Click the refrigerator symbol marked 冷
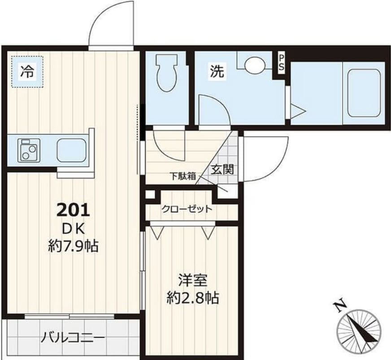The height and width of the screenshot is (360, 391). tap(27, 71)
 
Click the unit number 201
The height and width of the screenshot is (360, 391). tap(73, 210)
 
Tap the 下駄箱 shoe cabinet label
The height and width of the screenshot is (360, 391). tap(182, 176)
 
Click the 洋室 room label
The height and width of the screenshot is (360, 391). tap(193, 281)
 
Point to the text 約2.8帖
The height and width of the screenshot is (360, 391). tap(193, 298)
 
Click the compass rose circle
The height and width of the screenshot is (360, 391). tap(359, 331)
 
